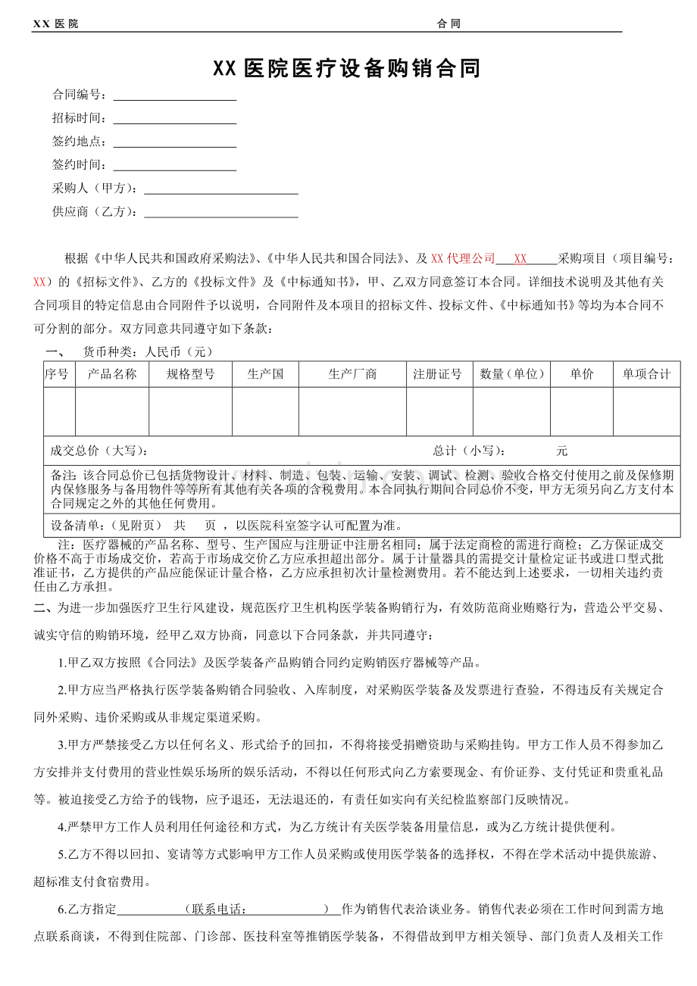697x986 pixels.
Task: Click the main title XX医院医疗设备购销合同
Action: tap(347, 70)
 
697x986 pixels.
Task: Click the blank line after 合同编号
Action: tap(174, 96)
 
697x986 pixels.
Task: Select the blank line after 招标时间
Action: tap(174, 119)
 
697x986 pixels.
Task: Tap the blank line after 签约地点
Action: tap(174, 142)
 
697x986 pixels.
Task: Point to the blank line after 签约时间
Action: tap(174, 165)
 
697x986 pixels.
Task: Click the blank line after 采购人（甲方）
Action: tap(220, 189)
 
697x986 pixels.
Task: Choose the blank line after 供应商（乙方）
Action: tap(220, 212)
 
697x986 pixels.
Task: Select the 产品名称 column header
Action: tap(112, 374)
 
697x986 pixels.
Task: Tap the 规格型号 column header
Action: tap(191, 374)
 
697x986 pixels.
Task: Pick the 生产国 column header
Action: tap(265, 374)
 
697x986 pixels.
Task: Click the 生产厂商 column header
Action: tap(352, 374)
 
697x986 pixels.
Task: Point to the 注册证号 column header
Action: tap(439, 374)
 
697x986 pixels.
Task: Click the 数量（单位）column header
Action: tap(512, 374)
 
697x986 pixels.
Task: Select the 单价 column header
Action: tap(582, 374)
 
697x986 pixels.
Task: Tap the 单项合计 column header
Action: tap(647, 374)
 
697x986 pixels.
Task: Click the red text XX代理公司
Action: tap(463, 259)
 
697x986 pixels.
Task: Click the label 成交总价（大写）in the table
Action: tap(98, 451)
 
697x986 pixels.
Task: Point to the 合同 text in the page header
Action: tap(449, 24)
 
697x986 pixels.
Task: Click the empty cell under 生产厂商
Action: tap(352, 412)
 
